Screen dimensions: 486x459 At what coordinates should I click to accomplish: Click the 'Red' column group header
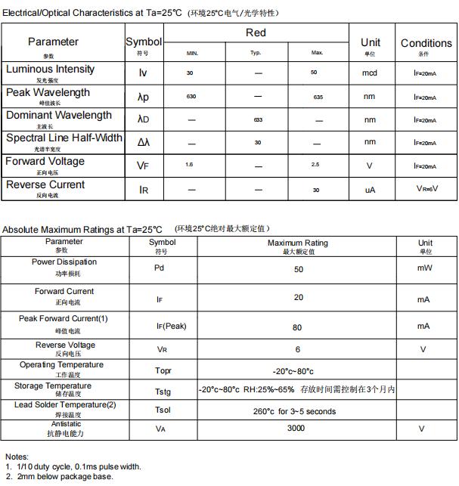tap(256, 33)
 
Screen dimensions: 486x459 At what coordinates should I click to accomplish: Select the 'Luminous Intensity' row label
tap(50, 70)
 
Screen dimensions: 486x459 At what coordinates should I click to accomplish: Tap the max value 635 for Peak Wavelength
tap(318, 98)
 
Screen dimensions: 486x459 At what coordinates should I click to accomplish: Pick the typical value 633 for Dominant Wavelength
tap(258, 120)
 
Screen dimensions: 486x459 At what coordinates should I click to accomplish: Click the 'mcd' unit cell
tap(370, 73)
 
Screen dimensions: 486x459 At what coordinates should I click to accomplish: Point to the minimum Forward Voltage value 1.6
tap(190, 165)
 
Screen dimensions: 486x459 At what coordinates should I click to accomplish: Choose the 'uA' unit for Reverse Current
tap(370, 190)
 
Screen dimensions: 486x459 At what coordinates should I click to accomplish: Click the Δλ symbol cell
tap(144, 142)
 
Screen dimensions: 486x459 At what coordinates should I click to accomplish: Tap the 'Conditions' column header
tap(426, 43)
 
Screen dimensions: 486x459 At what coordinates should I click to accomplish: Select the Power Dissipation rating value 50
tap(299, 269)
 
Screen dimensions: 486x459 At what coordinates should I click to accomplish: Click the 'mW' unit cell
tap(423, 268)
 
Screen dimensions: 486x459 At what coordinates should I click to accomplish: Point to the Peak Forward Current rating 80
tap(297, 327)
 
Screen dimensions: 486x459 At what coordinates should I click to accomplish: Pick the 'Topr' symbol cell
tap(163, 371)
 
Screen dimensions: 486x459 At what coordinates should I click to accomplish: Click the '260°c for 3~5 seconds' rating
tap(295, 411)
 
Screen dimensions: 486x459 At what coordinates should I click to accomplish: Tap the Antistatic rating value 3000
tap(296, 428)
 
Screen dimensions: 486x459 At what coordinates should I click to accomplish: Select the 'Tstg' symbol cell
tap(163, 392)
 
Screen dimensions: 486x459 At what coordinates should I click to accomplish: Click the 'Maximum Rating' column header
tap(298, 243)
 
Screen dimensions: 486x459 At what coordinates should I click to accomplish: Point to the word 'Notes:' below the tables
tap(17, 457)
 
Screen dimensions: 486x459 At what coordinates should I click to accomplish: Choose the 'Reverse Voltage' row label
tap(66, 345)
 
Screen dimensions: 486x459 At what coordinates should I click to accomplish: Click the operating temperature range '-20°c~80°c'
tap(293, 371)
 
